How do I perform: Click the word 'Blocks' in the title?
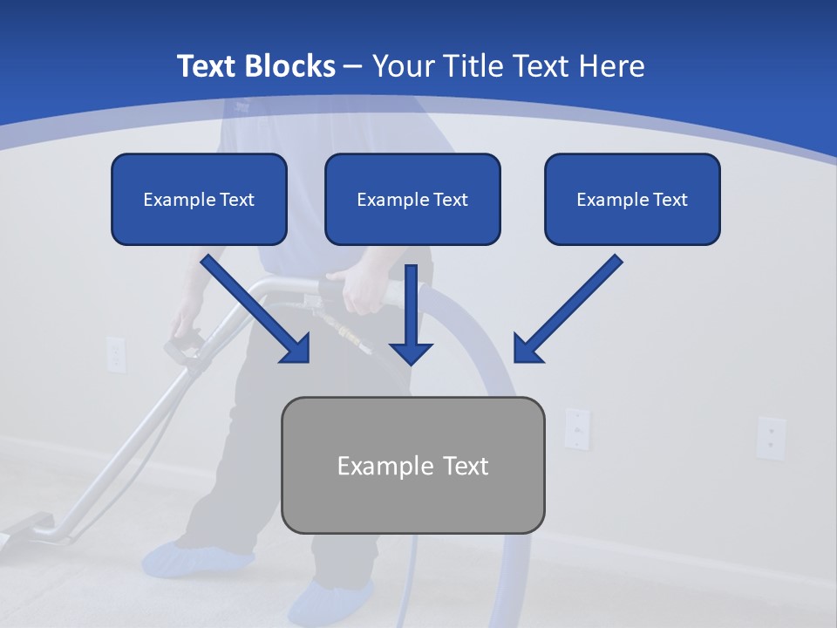[x=290, y=66]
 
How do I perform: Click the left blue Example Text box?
[x=199, y=200]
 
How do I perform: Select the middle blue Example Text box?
[x=412, y=200]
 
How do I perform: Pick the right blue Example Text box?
[x=632, y=200]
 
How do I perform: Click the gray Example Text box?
[x=412, y=465]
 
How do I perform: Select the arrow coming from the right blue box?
[x=567, y=309]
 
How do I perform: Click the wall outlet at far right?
[x=770, y=436]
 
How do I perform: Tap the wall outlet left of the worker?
[x=116, y=354]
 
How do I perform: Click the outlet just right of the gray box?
[x=576, y=428]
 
